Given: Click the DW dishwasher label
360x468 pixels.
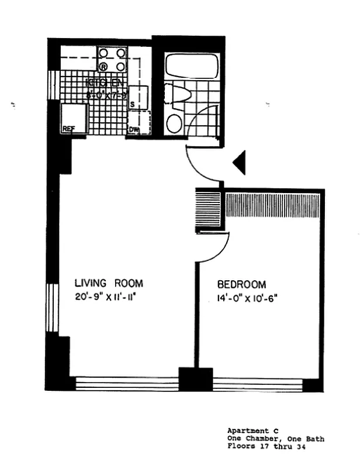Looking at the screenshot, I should pyautogui.click(x=134, y=130).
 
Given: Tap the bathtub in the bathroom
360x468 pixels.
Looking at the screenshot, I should pyautogui.click(x=191, y=66).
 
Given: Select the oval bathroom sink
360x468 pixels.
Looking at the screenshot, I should pyautogui.click(x=174, y=123).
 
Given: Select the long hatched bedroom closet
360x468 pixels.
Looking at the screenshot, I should pyautogui.click(x=272, y=206).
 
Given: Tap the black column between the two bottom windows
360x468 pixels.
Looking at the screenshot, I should pyautogui.click(x=195, y=379).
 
